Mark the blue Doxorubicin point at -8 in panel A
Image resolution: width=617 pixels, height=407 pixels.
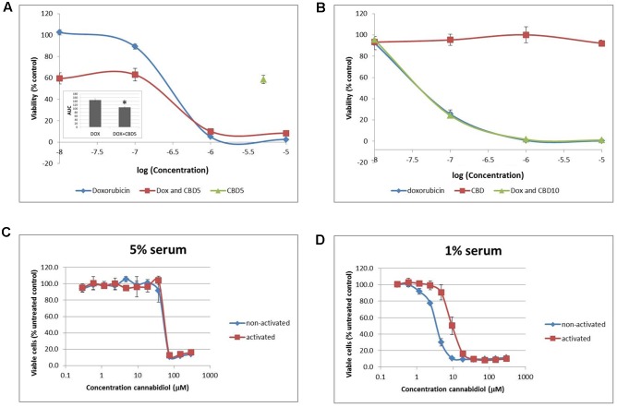click(x=59, y=32)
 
